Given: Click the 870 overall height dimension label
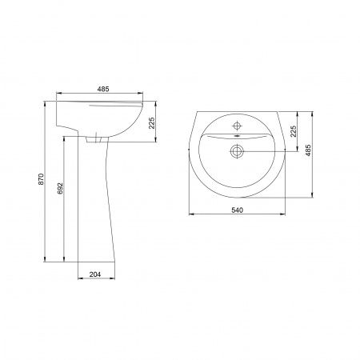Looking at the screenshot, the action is click(41, 179).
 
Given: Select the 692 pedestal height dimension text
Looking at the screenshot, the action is click(61, 188).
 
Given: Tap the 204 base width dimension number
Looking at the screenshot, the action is click(95, 274).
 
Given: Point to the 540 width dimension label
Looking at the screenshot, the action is click(237, 210).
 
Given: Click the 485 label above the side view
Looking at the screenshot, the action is click(103, 89).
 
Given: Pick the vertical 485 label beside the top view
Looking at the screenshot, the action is click(308, 150).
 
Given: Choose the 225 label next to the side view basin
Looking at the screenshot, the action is click(151, 122).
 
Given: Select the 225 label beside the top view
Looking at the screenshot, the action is click(293, 131).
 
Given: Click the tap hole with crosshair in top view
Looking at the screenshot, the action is click(237, 126).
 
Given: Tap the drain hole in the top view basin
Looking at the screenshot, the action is click(237, 151).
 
